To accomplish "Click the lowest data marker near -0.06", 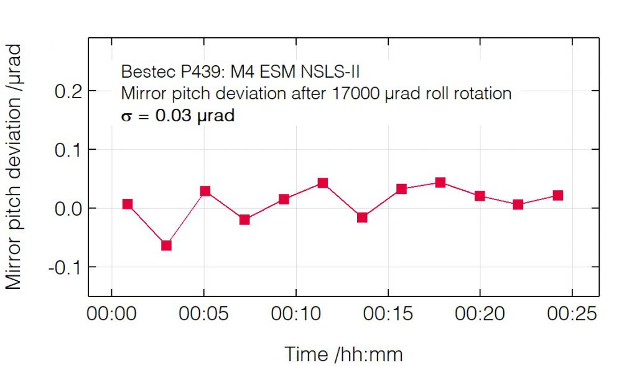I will (x=166, y=245).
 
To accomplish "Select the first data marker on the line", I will (x=128, y=204).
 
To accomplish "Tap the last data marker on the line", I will (x=557, y=196).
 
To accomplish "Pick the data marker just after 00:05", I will (x=205, y=191).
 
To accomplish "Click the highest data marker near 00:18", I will (x=440, y=183).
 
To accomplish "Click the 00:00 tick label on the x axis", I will (x=111, y=314).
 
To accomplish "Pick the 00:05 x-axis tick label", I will (x=203, y=314).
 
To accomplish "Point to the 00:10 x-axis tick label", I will (x=295, y=314).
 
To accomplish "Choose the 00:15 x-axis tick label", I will (x=388, y=314).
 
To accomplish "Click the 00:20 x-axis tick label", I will (x=480, y=314).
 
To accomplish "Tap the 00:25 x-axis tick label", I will (x=572, y=314).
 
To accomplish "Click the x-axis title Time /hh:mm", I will (x=343, y=354).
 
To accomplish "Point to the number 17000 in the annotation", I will (x=355, y=93).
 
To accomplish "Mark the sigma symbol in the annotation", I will (x=126, y=116).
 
